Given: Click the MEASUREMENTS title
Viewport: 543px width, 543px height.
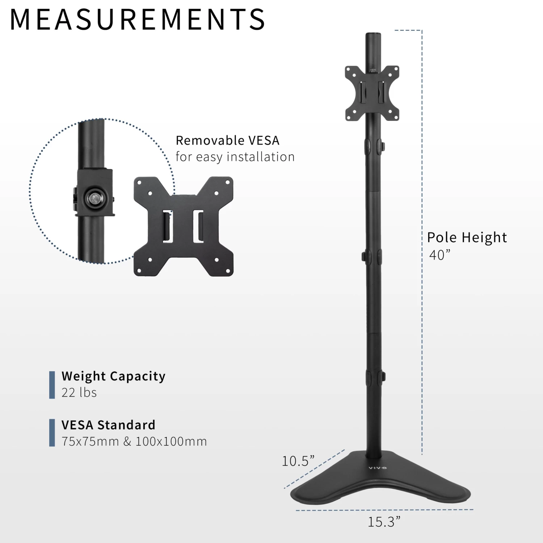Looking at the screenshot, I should point(138,20).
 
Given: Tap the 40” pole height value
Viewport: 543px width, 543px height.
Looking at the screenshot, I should point(439,255).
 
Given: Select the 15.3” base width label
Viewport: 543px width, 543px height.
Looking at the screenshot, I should point(384,522).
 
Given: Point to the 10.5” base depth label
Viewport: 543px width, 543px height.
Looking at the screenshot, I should point(298,461).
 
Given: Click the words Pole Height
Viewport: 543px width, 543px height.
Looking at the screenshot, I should point(467,238).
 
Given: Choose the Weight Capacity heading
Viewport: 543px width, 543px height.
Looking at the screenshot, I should point(113,376).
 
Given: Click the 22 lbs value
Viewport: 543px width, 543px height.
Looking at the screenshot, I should point(79,393).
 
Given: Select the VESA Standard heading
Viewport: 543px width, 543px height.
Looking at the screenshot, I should point(108,425).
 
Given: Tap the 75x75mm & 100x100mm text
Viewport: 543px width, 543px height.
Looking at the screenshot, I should point(134,442).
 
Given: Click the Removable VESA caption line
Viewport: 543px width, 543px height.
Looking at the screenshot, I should point(227,140).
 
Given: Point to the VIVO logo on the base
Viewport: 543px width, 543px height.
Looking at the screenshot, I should point(378,468).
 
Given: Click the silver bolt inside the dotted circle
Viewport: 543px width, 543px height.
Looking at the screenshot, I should point(94,198).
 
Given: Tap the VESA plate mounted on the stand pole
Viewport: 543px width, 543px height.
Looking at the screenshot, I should point(372,93).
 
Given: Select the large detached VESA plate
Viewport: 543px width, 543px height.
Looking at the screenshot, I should point(184,226).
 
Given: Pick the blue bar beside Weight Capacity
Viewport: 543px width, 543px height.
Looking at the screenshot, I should point(52,385).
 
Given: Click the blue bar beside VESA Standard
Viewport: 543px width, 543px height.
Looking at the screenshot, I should point(52,433).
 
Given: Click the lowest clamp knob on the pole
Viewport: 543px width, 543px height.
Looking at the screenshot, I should point(383,377).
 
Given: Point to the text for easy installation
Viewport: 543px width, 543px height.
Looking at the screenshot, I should point(235,157).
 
